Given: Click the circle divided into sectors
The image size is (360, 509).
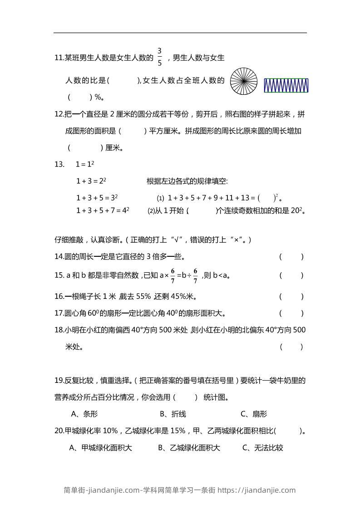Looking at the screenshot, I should tap(244, 82).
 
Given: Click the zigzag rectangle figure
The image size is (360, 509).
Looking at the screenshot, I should tap(286, 85).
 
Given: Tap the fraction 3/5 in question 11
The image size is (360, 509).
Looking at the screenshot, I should tap(160, 57).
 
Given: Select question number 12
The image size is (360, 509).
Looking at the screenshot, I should tap(59, 114).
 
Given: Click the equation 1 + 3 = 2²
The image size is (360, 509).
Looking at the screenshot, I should tap(91, 181).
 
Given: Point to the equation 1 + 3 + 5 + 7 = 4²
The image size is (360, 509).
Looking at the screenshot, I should tap(103, 210).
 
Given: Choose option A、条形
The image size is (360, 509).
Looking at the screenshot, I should tap(84, 414).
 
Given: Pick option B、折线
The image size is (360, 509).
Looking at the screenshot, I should tap(173, 414).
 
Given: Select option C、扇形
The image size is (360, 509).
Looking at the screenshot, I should tap(254, 414).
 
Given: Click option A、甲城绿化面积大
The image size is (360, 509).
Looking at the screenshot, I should tap(100, 448).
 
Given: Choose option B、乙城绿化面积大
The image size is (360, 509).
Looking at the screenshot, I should tap(189, 448).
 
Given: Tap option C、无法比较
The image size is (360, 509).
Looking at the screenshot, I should tap(263, 448).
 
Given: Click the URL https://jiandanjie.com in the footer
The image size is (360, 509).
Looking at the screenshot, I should tap(256, 490).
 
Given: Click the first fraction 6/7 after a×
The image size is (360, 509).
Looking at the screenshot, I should tap(173, 275).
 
